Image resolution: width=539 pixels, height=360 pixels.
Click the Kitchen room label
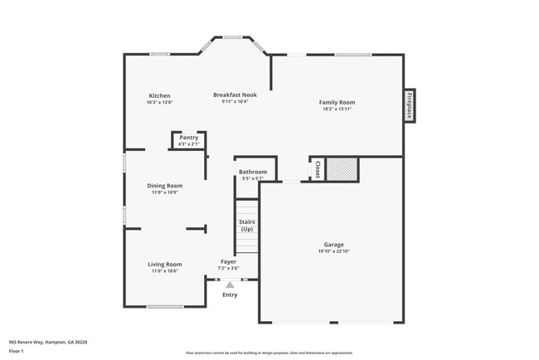(159, 95)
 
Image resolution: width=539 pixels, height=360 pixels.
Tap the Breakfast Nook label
(235, 95)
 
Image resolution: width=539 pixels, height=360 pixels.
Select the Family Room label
(337, 102)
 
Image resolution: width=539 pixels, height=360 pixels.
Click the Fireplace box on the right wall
(409, 105)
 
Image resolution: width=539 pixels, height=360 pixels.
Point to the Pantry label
(188, 138)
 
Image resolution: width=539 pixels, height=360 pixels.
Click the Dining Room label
(164, 186)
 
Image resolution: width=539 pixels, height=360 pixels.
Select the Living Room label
(165, 265)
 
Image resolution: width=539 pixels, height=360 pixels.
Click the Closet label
(317, 168)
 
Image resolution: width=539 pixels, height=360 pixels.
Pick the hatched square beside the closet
(340, 168)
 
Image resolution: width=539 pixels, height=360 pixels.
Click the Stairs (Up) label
(247, 226)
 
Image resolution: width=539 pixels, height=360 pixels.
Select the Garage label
(334, 245)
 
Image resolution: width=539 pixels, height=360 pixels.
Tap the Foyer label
(228, 261)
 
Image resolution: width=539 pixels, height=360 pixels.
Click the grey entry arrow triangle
(230, 285)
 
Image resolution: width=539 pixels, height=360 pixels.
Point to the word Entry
(230, 294)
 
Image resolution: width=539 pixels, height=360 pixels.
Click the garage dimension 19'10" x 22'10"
(334, 251)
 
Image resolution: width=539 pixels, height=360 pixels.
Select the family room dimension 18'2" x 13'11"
(337, 109)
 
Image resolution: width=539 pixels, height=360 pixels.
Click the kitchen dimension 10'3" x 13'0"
(159, 102)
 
